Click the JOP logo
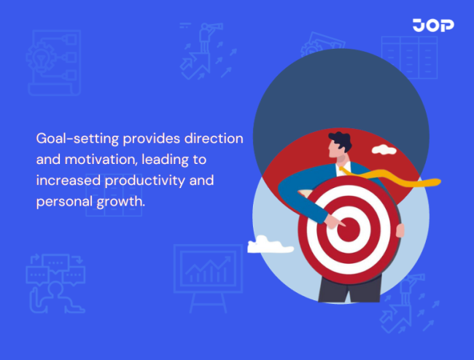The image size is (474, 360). (432, 26)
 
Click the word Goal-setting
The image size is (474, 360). (77, 138)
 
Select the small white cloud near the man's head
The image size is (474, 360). (383, 150)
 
